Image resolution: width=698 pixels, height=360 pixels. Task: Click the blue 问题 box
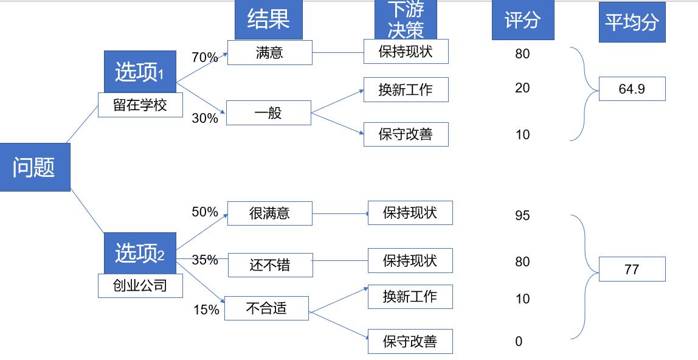(x=35, y=167)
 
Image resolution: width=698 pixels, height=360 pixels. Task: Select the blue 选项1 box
(x=140, y=72)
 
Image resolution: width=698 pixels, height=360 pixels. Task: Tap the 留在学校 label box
(x=140, y=105)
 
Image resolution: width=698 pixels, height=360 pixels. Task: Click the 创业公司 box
(x=140, y=285)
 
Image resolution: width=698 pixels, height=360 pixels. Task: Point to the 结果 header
(x=268, y=20)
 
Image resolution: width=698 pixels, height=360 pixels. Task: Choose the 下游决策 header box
(x=406, y=20)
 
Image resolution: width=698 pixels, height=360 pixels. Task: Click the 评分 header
(x=522, y=20)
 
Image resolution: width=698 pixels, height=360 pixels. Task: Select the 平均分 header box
(x=632, y=22)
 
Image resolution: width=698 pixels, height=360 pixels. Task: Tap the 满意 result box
(x=269, y=53)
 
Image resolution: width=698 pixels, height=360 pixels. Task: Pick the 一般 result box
(x=268, y=112)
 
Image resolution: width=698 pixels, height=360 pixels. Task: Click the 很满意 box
(x=269, y=213)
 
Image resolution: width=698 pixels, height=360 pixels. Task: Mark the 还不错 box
(x=270, y=265)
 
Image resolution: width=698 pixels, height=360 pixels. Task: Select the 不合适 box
(x=266, y=308)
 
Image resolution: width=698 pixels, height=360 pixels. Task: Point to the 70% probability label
(x=204, y=58)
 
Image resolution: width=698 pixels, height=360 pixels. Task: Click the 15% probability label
(x=206, y=310)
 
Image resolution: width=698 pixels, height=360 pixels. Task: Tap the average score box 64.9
(x=632, y=89)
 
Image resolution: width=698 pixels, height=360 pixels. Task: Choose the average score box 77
(x=632, y=269)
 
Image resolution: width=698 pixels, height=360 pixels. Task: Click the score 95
(x=522, y=216)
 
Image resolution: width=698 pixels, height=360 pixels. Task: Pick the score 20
(x=522, y=88)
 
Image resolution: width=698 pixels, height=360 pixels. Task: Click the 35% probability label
(x=205, y=260)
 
